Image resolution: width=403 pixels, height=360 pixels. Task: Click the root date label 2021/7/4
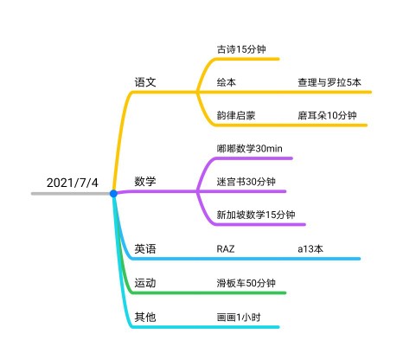tap(73, 183)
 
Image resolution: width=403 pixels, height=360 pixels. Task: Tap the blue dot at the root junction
tap(113, 194)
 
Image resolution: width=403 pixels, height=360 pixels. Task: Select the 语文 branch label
tap(145, 82)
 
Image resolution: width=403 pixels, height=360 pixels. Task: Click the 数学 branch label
tap(145, 182)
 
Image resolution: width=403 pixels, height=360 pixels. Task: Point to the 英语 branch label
tap(145, 248)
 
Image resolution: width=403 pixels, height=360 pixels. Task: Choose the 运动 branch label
tap(145, 283)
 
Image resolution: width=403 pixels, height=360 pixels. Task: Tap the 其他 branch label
tap(145, 317)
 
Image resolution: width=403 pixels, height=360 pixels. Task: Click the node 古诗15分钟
tap(241, 49)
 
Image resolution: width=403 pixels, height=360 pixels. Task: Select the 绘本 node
tap(227, 82)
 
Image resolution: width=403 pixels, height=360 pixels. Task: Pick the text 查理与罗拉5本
tap(329, 82)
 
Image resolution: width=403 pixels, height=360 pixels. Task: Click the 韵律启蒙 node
tap(236, 116)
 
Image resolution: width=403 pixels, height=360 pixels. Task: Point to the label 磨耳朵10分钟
tap(327, 116)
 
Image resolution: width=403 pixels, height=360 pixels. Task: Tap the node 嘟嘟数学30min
tap(250, 149)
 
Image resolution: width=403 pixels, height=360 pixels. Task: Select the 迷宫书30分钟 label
tap(246, 182)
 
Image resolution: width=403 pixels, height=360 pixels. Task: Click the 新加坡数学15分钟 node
tap(256, 215)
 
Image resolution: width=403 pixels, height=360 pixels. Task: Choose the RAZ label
tap(226, 249)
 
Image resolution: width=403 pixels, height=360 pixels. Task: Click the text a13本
tap(310, 249)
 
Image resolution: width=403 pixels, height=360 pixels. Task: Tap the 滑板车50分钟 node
tap(246, 283)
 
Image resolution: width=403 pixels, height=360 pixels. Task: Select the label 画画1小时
tap(239, 318)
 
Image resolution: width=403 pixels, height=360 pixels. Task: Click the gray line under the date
tap(71, 194)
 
